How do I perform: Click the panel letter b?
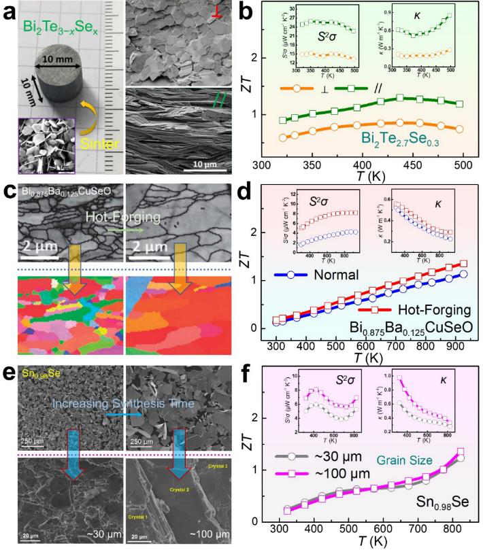tap(261, 12)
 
